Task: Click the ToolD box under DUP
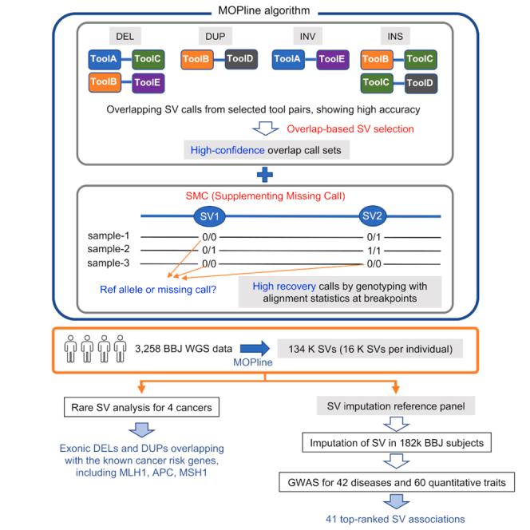[x=241, y=58]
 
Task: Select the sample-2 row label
[x=109, y=250]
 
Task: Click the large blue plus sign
[x=264, y=174]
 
